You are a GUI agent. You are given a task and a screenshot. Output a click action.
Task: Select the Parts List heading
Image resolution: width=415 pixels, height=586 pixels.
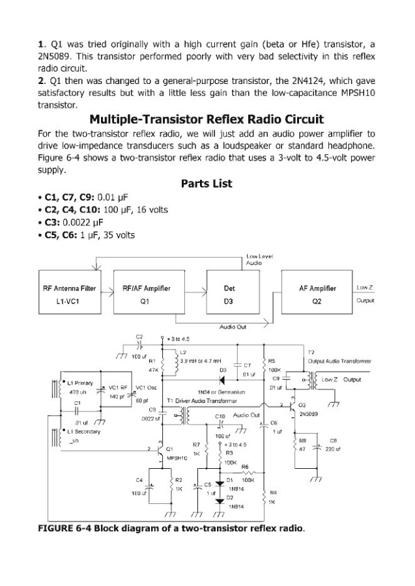click(207, 184)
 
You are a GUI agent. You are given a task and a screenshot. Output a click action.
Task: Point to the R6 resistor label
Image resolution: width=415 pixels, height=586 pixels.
click(245, 466)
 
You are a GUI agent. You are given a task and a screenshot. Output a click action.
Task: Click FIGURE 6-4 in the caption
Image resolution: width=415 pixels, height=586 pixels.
click(64, 527)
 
